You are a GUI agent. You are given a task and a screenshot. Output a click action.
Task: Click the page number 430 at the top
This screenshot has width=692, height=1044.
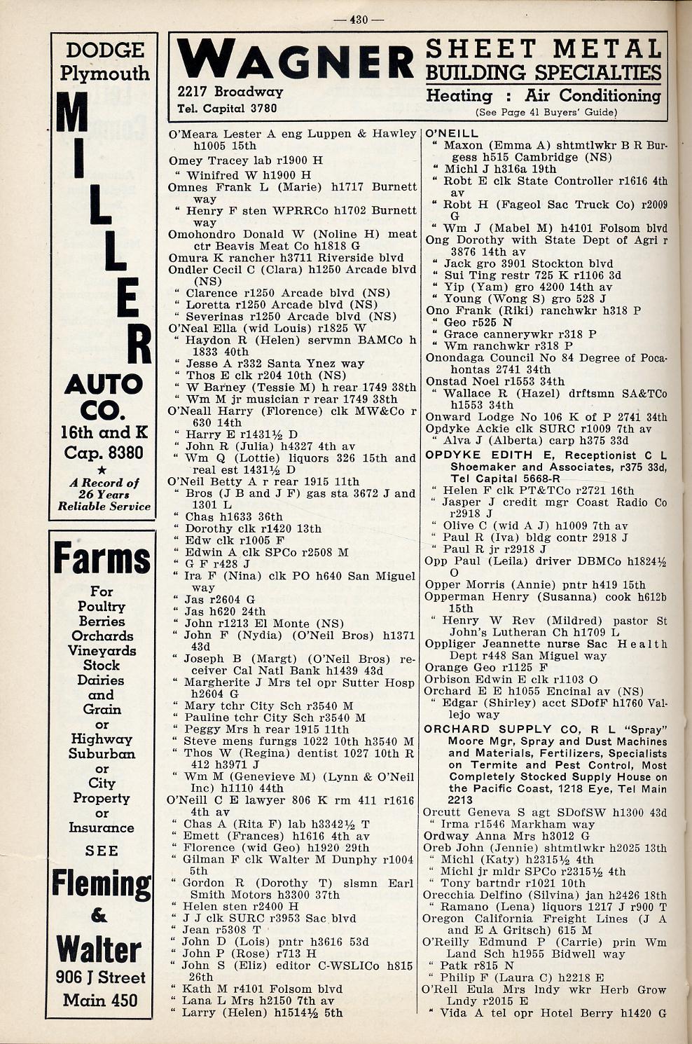(x=358, y=20)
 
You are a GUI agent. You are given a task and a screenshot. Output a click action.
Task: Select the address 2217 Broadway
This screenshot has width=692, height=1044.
(x=230, y=91)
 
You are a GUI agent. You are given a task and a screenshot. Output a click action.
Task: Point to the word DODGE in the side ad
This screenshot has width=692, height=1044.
(x=104, y=50)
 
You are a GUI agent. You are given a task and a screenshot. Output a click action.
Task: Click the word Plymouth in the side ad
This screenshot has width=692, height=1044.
(x=104, y=73)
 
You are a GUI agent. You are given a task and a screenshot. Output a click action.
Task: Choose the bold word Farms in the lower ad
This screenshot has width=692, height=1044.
(x=102, y=560)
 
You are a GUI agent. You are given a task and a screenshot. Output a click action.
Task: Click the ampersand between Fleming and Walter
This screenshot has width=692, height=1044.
(x=100, y=916)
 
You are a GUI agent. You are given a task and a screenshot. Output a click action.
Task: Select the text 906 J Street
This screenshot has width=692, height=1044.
(x=101, y=977)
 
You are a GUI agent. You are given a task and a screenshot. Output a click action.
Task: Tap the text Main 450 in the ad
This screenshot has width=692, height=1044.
(x=101, y=1000)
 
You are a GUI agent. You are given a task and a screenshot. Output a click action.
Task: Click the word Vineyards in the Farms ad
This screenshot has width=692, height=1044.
(x=102, y=650)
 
